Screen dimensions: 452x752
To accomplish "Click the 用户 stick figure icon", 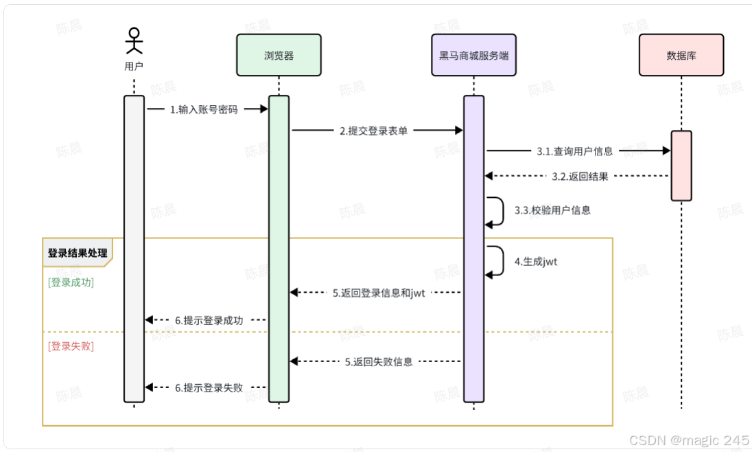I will [x=134, y=41].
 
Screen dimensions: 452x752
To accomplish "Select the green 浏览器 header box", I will [x=279, y=55].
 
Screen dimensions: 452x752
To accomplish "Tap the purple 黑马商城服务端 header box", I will [x=474, y=55].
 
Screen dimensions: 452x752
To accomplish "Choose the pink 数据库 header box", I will [x=681, y=55].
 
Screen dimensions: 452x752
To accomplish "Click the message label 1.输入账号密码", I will [x=204, y=109].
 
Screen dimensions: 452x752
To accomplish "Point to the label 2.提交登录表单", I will [x=373, y=131].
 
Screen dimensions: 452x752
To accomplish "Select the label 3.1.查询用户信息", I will [x=575, y=151].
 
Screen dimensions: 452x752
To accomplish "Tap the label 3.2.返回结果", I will [x=580, y=177].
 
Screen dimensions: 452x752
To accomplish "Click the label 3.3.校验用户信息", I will [x=552, y=210].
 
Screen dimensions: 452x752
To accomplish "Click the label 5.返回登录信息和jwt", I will [x=379, y=293].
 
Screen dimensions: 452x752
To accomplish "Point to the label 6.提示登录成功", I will [x=209, y=320].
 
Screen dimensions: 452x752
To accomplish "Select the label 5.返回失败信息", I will [x=379, y=361].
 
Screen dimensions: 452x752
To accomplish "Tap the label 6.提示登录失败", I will [x=209, y=387].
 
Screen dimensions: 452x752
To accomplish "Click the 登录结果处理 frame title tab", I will [x=77, y=253].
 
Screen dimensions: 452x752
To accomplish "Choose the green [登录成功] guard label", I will [x=71, y=282].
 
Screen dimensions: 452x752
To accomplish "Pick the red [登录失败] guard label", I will [x=71, y=346].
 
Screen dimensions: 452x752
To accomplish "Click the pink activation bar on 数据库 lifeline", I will [x=681, y=166].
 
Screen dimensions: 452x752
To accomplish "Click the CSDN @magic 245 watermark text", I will [x=689, y=440].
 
